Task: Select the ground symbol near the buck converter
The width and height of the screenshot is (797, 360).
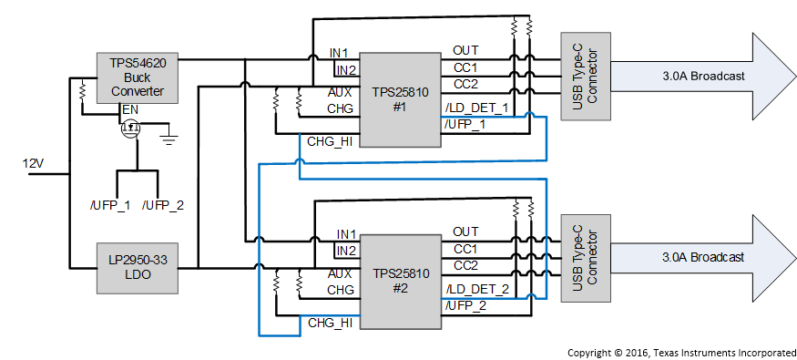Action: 168,138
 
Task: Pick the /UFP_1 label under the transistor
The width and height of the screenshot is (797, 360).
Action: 109,205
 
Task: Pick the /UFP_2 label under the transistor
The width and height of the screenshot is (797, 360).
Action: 164,205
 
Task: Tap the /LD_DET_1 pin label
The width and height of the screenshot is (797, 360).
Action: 476,108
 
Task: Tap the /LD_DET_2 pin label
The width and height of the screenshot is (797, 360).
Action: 476,289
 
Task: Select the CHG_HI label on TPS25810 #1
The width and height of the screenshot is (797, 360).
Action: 331,140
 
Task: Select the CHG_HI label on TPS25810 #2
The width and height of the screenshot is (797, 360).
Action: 331,322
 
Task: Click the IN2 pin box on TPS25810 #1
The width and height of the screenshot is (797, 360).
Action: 346,70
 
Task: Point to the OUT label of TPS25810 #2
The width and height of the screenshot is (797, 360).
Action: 465,231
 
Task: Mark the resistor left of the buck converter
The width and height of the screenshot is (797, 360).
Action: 82,91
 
